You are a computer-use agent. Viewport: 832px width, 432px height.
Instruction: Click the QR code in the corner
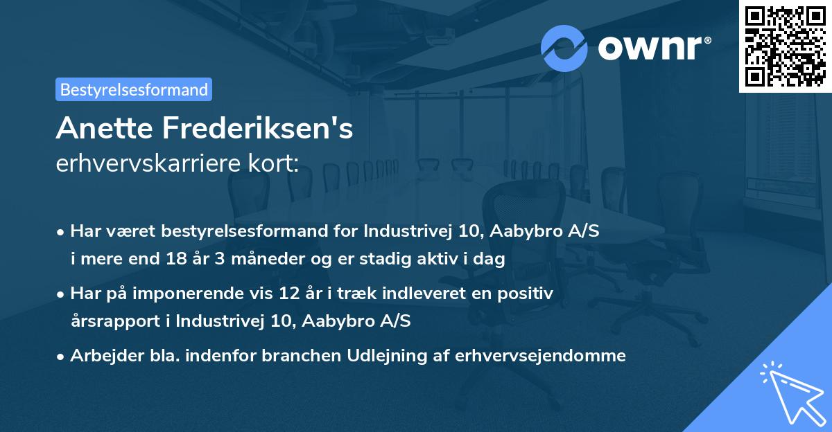click(x=785, y=46)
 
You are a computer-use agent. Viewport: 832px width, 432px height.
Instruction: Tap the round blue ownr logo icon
click(x=564, y=48)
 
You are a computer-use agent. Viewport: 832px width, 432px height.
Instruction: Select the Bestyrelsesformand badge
click(x=134, y=89)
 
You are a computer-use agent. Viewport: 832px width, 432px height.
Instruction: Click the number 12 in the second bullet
click(x=302, y=294)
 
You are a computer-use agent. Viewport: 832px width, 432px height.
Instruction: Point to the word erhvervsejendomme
click(x=540, y=356)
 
